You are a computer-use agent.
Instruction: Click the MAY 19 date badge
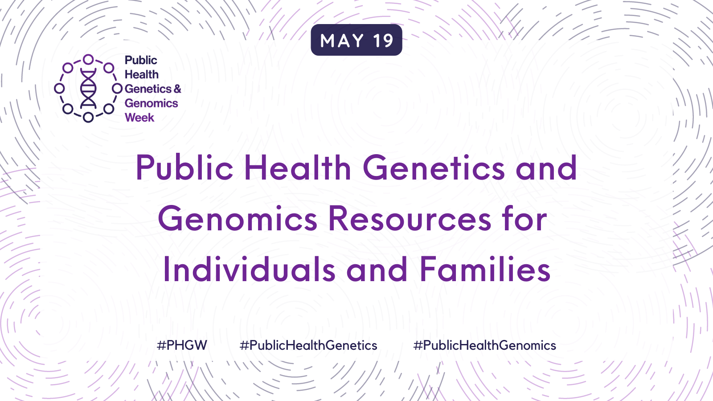(x=356, y=40)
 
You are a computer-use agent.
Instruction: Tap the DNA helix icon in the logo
(x=88, y=88)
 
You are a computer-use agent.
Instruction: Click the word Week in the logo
(x=139, y=118)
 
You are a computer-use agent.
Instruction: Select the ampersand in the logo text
(x=177, y=89)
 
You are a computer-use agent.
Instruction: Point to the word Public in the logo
(x=141, y=60)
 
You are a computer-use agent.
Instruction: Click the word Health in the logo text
(x=142, y=74)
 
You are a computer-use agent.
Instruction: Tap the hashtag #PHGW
(x=182, y=345)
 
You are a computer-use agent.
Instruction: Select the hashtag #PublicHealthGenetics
(x=308, y=345)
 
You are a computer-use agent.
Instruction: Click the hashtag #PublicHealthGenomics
(x=484, y=345)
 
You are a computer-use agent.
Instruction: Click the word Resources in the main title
(x=410, y=219)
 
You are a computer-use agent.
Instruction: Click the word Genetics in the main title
(x=434, y=168)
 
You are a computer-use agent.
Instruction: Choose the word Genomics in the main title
(x=238, y=219)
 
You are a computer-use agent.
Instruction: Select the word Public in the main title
(x=184, y=168)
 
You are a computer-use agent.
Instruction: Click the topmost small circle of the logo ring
(x=88, y=60)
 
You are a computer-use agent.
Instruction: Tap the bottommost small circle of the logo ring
(x=88, y=117)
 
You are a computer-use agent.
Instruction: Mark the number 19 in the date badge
(x=383, y=41)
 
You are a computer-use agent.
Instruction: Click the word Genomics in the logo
(x=151, y=103)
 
